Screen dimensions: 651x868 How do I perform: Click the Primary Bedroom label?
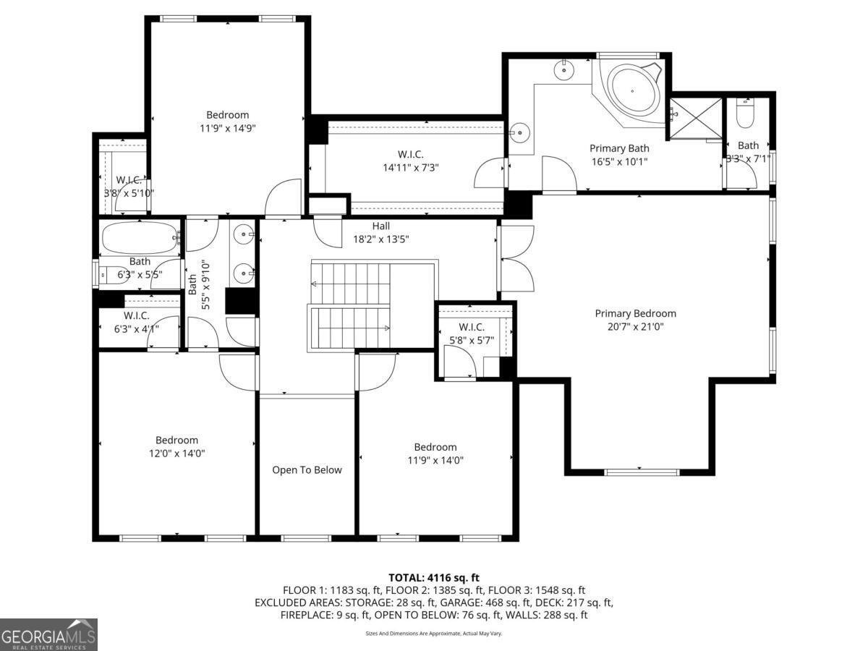[635, 313]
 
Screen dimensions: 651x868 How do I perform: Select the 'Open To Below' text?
[307, 470]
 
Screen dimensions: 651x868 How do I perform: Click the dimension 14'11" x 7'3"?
[410, 167]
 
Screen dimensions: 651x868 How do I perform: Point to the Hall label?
[381, 226]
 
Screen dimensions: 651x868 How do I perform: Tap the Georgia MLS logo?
[48, 634]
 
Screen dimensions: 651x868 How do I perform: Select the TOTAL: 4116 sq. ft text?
[434, 577]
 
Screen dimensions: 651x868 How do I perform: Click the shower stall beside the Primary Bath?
[694, 119]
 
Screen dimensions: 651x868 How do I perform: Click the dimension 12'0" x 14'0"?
[176, 454]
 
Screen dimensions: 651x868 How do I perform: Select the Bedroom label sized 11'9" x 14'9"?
[227, 114]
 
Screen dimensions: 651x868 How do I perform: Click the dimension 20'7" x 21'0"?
[635, 327]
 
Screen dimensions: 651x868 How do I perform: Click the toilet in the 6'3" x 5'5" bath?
[111, 274]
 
